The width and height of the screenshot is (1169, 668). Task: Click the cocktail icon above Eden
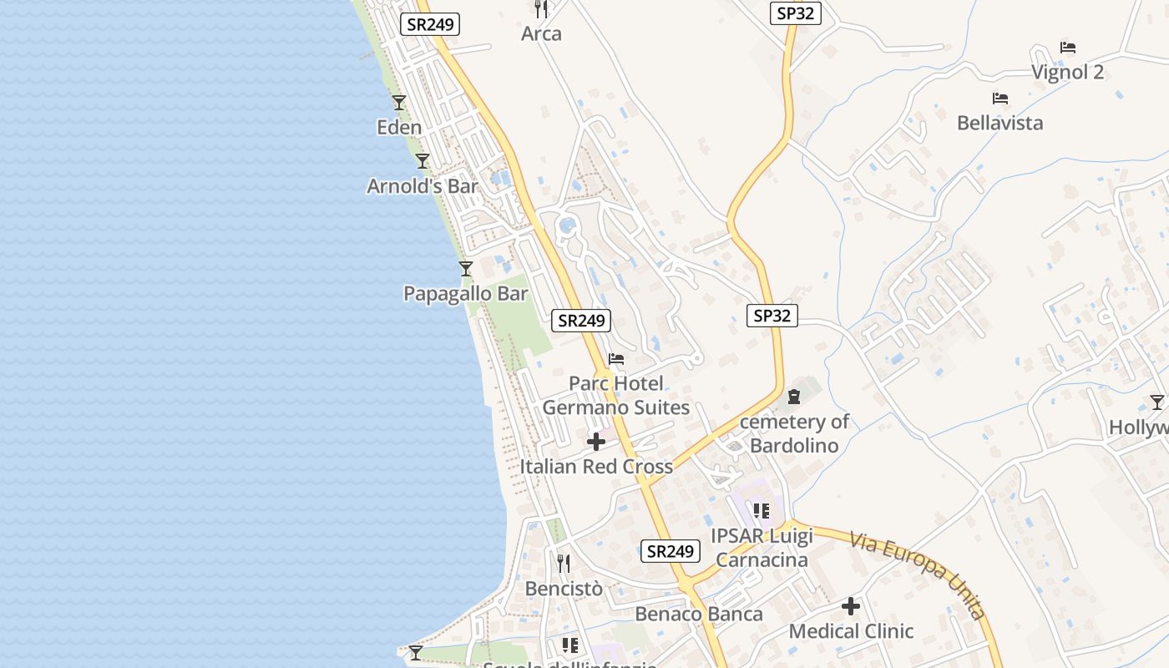399,103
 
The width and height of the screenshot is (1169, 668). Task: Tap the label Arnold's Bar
423,186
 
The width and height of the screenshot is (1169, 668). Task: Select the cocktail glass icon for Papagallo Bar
466,269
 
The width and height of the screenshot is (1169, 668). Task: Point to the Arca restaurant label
541,34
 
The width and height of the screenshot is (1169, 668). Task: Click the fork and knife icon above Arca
541,9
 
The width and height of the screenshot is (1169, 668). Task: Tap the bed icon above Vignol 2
1068,48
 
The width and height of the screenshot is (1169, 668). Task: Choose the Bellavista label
999,124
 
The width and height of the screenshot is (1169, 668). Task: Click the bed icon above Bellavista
1000,99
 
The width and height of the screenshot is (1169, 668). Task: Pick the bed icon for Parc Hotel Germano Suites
616,359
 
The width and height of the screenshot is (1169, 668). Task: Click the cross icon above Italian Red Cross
596,442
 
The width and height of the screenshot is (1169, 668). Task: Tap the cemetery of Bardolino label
794,433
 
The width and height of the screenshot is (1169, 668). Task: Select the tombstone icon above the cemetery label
794,397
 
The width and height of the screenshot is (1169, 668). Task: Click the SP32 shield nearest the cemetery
772,316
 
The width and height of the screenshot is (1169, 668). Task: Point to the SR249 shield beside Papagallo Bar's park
581,320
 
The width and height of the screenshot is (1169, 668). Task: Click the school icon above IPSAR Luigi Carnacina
761,510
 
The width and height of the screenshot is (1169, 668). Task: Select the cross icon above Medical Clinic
851,606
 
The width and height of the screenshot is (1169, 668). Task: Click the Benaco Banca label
699,615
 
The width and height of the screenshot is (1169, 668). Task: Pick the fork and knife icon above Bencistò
564,564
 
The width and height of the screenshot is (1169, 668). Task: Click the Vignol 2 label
1067,73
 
